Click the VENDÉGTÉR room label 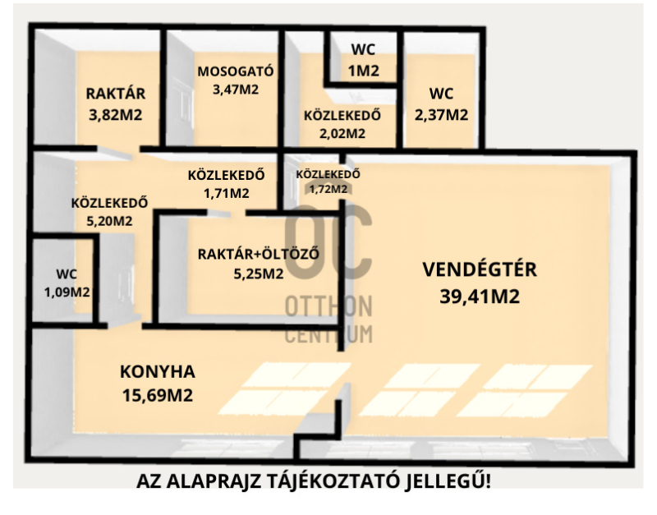(480, 269)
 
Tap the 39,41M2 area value (480, 297)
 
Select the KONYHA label (158, 372)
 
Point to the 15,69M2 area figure (158, 395)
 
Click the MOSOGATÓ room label (236, 71)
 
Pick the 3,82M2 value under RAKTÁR (116, 114)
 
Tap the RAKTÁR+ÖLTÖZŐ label (259, 254)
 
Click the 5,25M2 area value (259, 274)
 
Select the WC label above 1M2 (363, 49)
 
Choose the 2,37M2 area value (441, 114)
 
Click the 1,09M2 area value (67, 292)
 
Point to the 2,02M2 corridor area (342, 133)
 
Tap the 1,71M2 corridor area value (227, 193)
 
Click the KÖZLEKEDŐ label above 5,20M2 (109, 203)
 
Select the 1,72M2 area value (328, 190)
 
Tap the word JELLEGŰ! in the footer (448, 481)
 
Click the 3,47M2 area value (236, 90)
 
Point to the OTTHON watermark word (328, 306)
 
